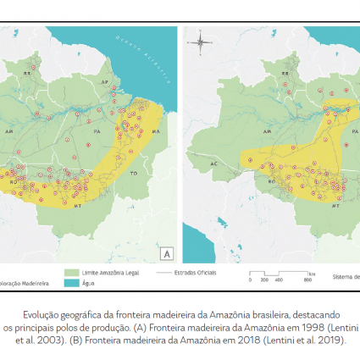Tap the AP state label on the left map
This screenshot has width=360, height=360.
[x=106, y=82]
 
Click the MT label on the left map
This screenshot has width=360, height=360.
[x=77, y=205]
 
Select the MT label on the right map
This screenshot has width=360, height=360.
[x=336, y=205]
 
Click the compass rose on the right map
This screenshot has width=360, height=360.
[x=200, y=41]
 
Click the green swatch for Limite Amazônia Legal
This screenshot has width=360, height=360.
[x=71, y=274]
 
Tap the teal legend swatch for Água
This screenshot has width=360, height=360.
[x=71, y=283]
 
